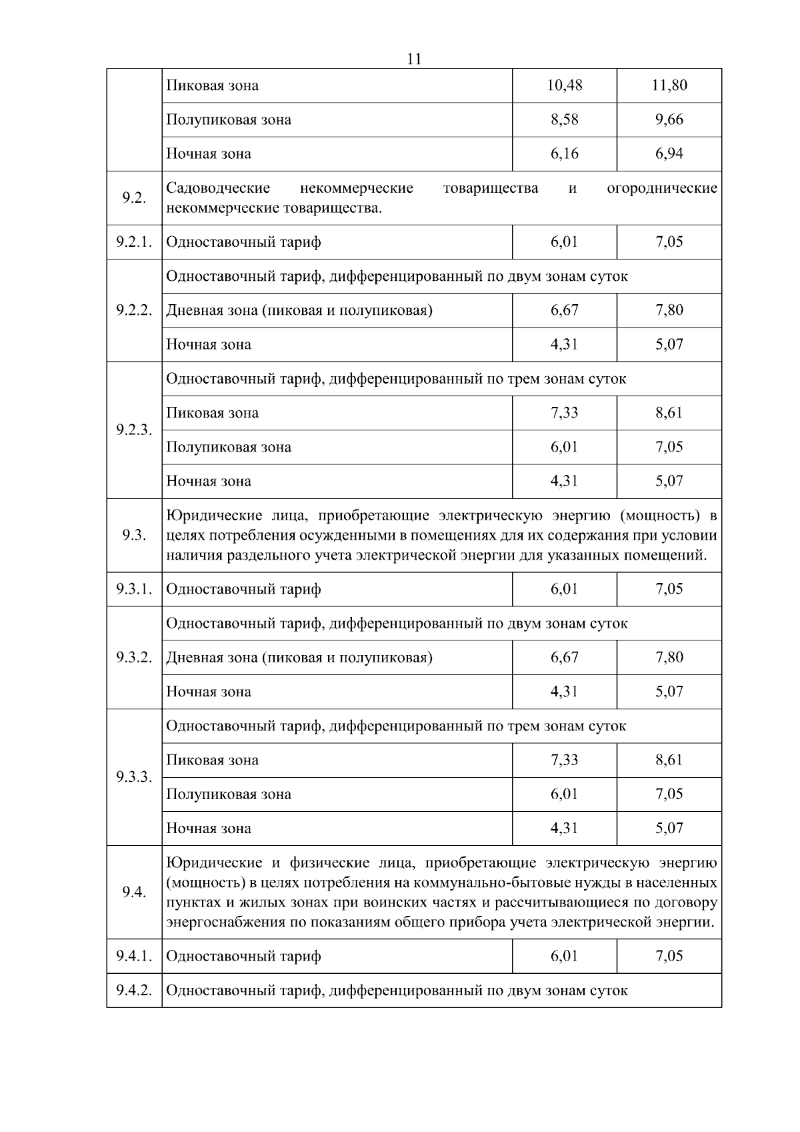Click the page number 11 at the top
point(413,59)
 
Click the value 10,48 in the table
point(565,85)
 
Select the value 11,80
point(669,85)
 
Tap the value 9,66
point(669,119)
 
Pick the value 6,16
point(565,153)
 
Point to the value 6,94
point(669,153)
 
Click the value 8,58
point(565,119)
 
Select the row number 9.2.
point(134,198)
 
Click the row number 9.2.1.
point(134,241)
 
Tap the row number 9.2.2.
point(134,310)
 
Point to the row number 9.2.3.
point(134,430)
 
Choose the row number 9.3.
point(134,535)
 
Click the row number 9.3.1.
point(134,589)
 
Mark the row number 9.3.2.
point(134,657)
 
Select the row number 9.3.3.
point(134,777)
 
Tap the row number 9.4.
point(134,893)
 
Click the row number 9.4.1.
point(134,956)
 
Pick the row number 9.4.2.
point(134,990)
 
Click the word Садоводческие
point(218,188)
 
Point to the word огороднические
point(662,188)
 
